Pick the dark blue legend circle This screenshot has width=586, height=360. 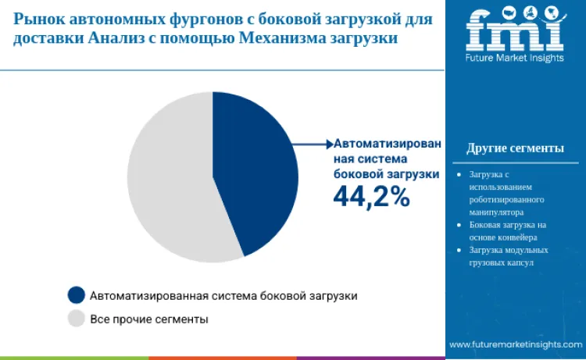76,295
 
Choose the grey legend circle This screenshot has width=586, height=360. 76,319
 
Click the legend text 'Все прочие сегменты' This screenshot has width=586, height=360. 149,319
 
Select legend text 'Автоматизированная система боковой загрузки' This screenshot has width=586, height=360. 223,296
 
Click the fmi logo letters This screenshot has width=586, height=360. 514,29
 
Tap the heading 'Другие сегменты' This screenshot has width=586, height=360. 515,148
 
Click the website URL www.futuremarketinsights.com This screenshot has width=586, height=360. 515,344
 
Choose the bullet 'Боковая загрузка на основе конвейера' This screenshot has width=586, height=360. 508,230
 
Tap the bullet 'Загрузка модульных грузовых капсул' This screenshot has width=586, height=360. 508,256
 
